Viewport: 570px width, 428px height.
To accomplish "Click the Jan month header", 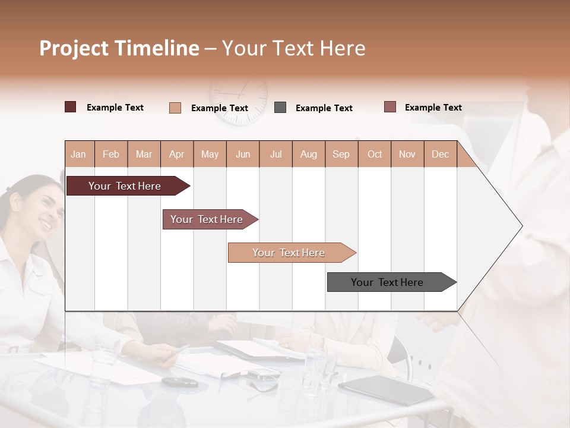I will tap(79, 154).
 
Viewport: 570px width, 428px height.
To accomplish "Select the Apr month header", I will tap(177, 154).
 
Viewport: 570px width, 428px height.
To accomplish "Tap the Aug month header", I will tap(308, 154).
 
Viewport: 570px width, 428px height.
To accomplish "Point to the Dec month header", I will tap(440, 154).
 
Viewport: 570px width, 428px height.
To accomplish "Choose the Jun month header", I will tap(243, 154).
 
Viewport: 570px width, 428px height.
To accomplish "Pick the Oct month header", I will tap(375, 154).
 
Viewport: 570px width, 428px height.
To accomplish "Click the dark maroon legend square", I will tap(70, 107).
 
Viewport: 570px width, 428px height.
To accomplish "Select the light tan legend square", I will tap(175, 108).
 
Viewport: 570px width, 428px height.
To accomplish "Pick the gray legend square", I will tap(280, 108).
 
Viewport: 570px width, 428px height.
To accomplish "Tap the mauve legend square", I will tap(389, 107).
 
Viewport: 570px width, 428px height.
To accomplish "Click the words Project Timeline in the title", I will tap(119, 48).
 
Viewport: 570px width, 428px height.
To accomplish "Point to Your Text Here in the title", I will tap(293, 48).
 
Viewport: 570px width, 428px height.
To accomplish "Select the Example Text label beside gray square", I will tap(324, 108).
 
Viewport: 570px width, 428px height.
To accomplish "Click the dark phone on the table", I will tap(180, 382).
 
